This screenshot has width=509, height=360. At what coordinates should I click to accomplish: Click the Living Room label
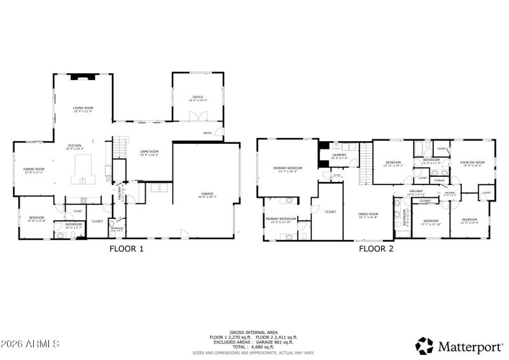point(83,109)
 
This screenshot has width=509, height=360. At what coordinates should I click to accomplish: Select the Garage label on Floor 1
point(207,194)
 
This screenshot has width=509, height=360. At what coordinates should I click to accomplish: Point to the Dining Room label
point(34,169)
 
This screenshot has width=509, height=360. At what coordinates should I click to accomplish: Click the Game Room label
point(149,151)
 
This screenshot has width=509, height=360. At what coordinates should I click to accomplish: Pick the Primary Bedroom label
point(288,169)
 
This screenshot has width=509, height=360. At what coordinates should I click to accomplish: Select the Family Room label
point(368,214)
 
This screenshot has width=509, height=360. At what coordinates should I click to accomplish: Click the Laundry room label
point(338,155)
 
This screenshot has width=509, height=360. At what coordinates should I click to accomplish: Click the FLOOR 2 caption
point(376,249)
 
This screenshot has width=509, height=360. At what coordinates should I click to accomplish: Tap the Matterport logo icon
point(424,345)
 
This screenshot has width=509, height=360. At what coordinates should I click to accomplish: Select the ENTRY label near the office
point(207,133)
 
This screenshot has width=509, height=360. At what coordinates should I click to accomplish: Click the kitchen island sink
point(83,179)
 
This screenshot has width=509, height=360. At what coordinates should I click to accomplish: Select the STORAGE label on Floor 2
point(439,181)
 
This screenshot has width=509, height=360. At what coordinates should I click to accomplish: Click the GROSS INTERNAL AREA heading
point(254,332)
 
